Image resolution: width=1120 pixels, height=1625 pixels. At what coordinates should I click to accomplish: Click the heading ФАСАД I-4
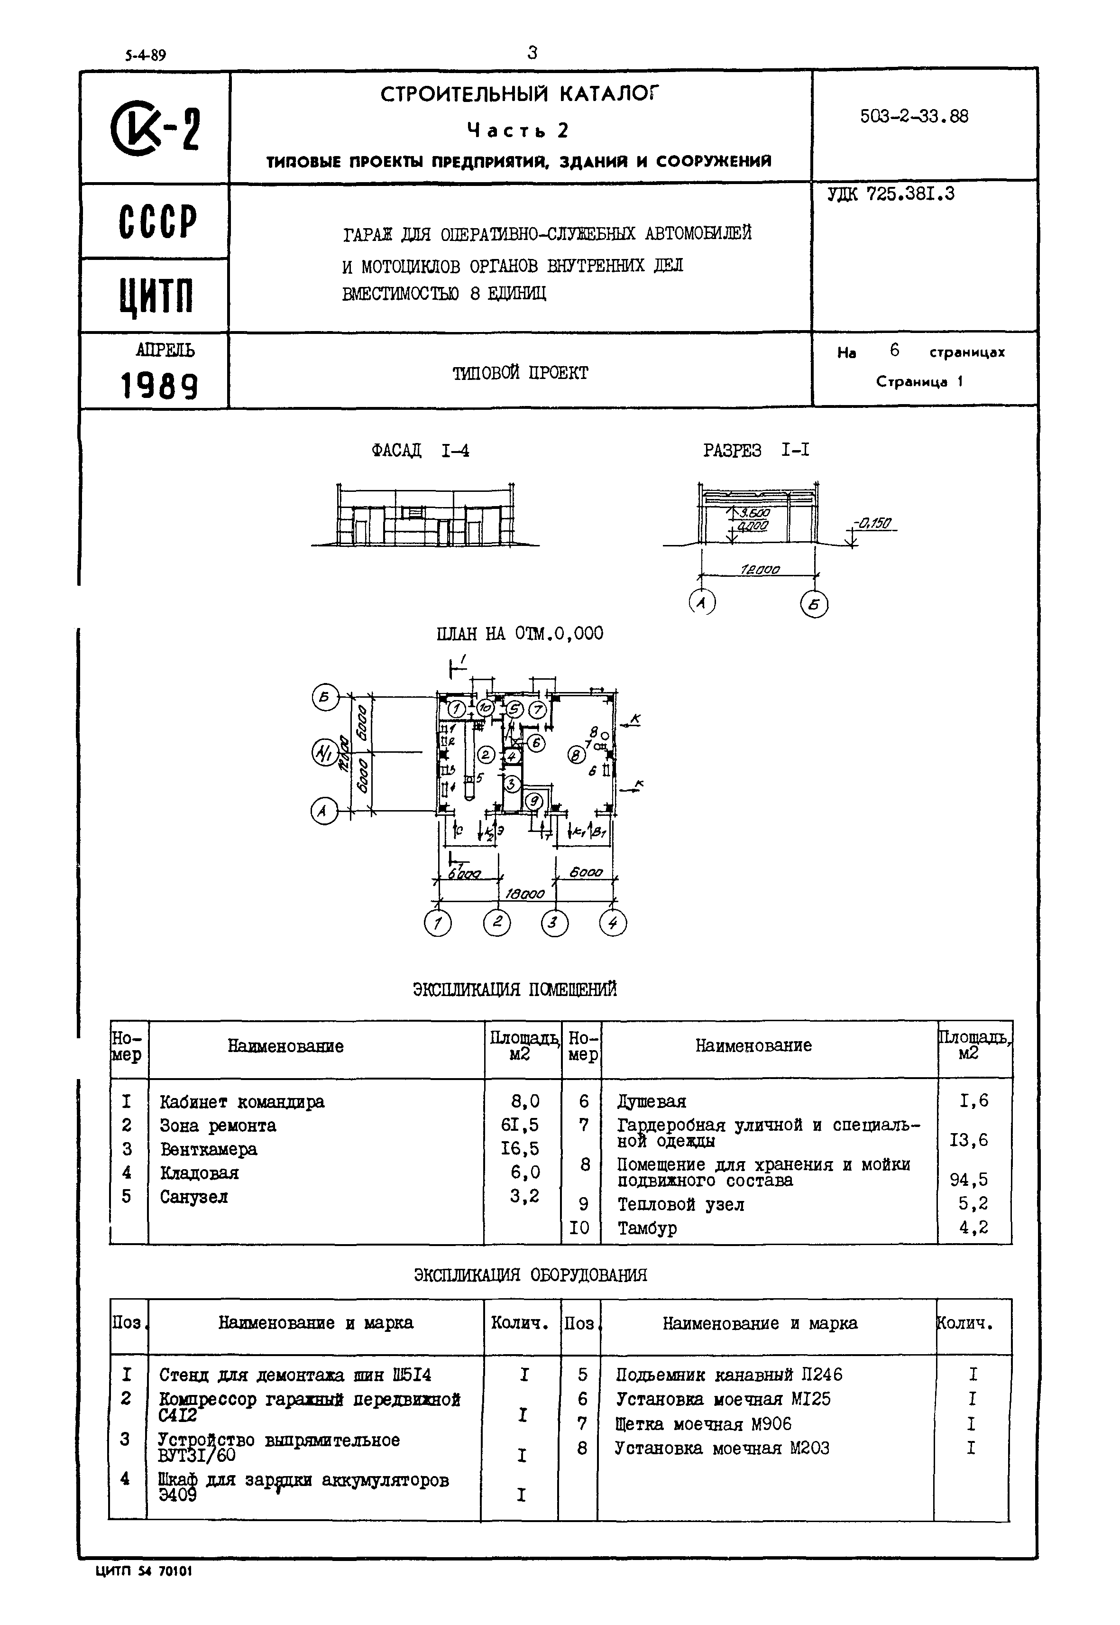pos(420,451)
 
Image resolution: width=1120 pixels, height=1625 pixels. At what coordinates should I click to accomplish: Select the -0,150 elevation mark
pos(872,523)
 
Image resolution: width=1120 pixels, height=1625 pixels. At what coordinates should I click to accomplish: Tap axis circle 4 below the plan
pos(613,923)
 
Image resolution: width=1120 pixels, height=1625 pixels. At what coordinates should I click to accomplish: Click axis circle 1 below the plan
pos(438,923)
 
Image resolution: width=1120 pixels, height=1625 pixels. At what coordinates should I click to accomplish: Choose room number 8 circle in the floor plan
pos(576,755)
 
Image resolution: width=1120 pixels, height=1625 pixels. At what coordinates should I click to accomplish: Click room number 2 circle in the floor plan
pos(486,755)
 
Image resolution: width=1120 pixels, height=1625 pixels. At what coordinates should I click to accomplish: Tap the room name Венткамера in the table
pos(209,1149)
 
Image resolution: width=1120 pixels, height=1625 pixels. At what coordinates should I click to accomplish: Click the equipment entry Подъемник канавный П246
pos(728,1375)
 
